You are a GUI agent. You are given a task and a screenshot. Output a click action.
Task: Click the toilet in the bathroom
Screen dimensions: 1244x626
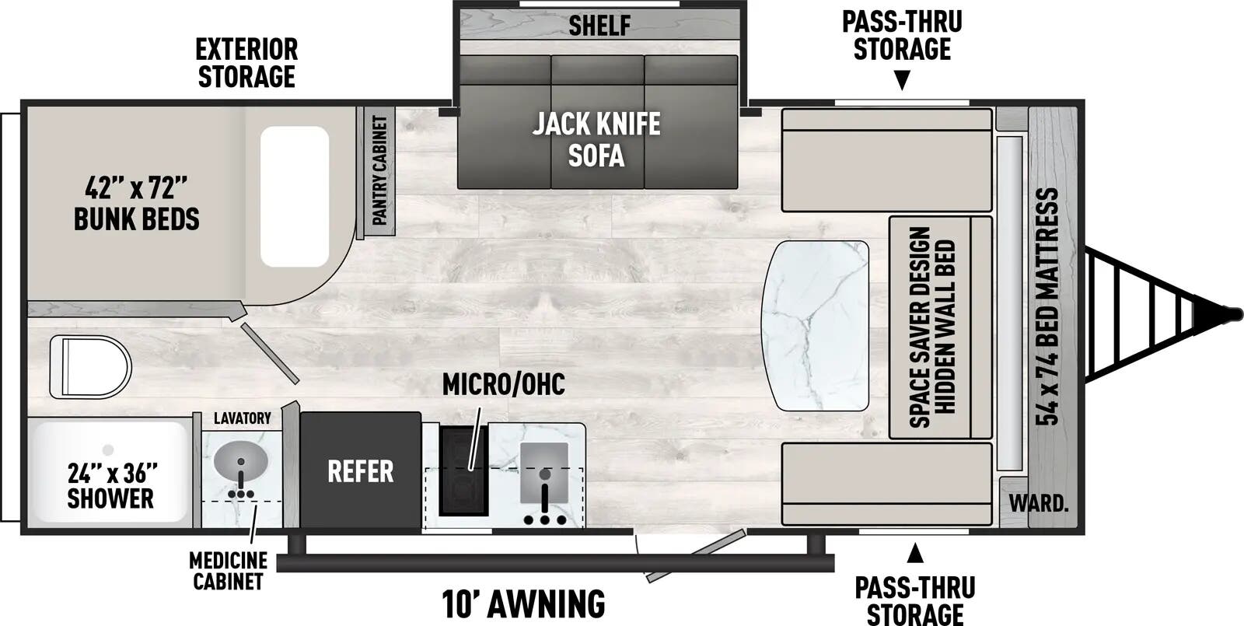(90, 366)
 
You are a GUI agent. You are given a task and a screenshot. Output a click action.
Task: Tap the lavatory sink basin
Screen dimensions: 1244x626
(241, 462)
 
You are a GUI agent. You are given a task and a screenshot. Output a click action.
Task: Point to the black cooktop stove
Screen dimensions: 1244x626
(463, 470)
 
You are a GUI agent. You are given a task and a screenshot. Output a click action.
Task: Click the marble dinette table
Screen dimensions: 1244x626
(816, 326)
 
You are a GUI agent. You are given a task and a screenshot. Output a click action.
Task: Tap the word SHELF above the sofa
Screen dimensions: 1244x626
(599, 25)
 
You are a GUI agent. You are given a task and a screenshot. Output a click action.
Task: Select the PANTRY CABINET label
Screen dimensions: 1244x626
(379, 170)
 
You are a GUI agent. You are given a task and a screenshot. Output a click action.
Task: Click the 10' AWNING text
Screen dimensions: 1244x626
(523, 603)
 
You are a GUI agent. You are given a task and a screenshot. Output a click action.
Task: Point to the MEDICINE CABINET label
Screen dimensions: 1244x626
(229, 571)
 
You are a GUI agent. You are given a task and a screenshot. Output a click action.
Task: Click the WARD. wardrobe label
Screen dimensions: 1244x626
(1039, 503)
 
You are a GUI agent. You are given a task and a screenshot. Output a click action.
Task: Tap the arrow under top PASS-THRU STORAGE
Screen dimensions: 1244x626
(903, 80)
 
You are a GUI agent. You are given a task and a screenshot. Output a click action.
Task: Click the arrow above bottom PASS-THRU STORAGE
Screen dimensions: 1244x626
(915, 553)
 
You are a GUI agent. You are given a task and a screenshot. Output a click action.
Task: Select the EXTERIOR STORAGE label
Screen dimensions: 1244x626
(246, 63)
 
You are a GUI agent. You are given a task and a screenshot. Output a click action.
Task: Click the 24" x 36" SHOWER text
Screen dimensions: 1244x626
(111, 485)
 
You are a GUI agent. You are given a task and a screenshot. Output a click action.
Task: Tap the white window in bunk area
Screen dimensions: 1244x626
(295, 197)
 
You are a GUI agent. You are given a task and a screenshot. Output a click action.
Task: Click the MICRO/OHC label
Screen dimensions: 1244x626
(503, 384)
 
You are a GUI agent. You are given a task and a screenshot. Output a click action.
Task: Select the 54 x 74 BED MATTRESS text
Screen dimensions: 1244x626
(1047, 306)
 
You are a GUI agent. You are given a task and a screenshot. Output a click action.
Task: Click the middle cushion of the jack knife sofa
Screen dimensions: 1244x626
(598, 122)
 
